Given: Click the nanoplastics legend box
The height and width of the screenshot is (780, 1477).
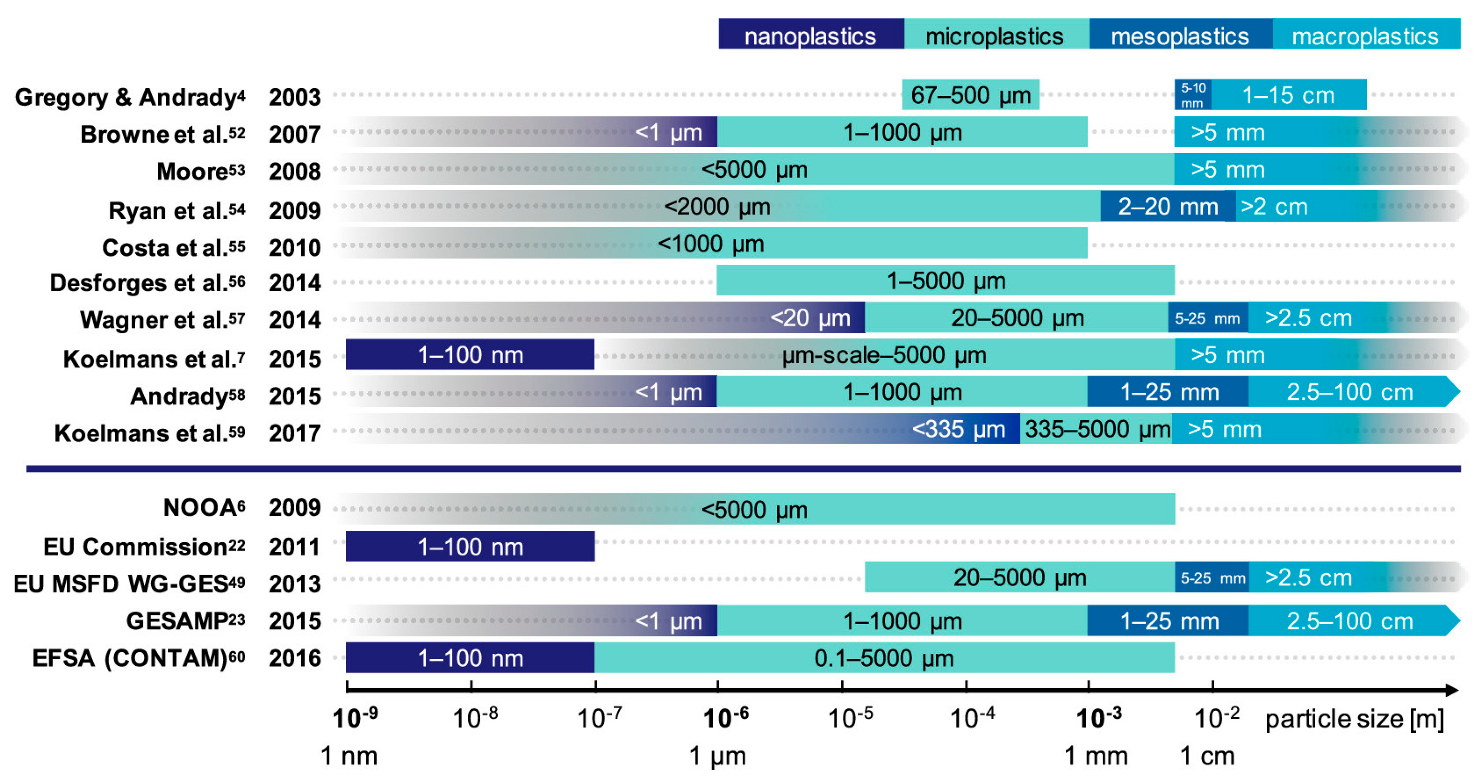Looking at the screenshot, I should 811,34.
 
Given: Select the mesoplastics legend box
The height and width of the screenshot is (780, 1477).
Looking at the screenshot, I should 1180,34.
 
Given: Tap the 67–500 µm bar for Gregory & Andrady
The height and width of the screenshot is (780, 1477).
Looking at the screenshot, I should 970,95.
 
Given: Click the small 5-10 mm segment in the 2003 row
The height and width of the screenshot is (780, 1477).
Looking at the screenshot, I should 1193,95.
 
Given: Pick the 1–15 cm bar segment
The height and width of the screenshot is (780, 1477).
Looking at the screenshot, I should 1288,95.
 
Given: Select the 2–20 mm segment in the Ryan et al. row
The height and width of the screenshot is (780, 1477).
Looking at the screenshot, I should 1167,207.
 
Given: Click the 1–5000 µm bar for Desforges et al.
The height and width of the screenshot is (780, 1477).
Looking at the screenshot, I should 946,280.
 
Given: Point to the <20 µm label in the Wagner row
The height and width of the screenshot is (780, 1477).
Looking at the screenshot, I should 810,318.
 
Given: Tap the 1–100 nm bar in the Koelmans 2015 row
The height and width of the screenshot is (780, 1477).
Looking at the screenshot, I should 470,355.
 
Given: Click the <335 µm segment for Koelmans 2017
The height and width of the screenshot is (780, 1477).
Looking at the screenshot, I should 959,429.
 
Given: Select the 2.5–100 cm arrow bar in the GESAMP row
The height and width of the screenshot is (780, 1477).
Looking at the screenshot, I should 1350,620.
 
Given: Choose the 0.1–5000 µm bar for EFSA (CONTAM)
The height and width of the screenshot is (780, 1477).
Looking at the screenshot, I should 883,658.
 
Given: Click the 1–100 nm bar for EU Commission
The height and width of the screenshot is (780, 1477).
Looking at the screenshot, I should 470,546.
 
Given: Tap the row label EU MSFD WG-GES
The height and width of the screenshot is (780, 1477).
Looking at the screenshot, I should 129,583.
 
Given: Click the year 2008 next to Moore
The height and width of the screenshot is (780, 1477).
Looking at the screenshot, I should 295,171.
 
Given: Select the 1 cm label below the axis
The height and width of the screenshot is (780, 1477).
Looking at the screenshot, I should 1207,756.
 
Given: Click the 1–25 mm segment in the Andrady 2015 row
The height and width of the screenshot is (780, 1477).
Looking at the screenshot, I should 1169,392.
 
